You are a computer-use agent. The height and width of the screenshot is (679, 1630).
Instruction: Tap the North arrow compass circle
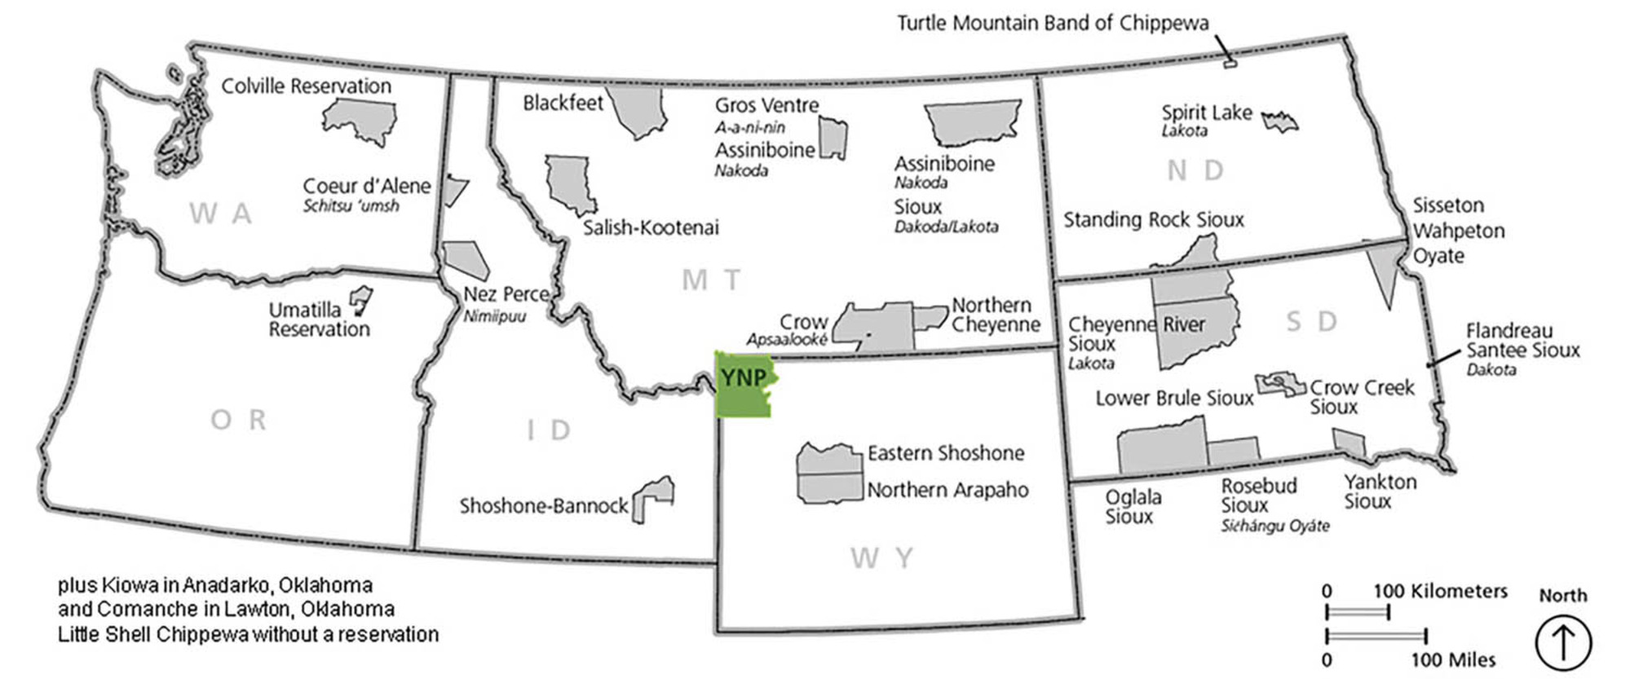pyautogui.click(x=1562, y=642)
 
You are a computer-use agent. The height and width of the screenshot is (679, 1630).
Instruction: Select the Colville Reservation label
pyautogui.click(x=306, y=86)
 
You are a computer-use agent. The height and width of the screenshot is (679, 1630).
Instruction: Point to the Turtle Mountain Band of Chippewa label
pyautogui.click(x=1053, y=23)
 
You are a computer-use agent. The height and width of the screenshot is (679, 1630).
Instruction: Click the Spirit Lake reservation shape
pyautogui.click(x=1279, y=122)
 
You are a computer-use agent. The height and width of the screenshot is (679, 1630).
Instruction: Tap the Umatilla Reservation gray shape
pyautogui.click(x=360, y=299)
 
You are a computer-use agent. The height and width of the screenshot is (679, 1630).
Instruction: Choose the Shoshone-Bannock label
pyautogui.click(x=543, y=506)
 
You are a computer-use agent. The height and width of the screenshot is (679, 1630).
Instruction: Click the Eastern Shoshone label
pyautogui.click(x=945, y=453)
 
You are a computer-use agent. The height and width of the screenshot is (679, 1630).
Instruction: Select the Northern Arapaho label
pyautogui.click(x=947, y=490)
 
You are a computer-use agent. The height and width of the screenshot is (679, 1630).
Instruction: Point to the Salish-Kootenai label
pyautogui.click(x=651, y=228)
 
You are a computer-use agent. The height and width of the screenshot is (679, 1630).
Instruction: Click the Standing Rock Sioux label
pyautogui.click(x=1153, y=220)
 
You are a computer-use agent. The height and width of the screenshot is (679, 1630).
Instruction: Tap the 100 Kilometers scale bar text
pyautogui.click(x=1440, y=591)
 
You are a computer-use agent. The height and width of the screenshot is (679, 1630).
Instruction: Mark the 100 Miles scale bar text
pyautogui.click(x=1453, y=659)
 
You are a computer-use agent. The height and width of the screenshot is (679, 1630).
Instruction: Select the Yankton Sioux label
pyautogui.click(x=1380, y=492)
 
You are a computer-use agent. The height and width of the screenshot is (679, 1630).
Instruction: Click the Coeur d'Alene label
pyautogui.click(x=366, y=187)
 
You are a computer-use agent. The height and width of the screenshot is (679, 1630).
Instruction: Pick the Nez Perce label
pyautogui.click(x=506, y=294)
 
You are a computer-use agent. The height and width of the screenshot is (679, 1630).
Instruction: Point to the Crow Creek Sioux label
pyautogui.click(x=1362, y=396)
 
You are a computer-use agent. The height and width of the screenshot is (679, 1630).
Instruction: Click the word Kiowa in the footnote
pyautogui.click(x=123, y=585)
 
